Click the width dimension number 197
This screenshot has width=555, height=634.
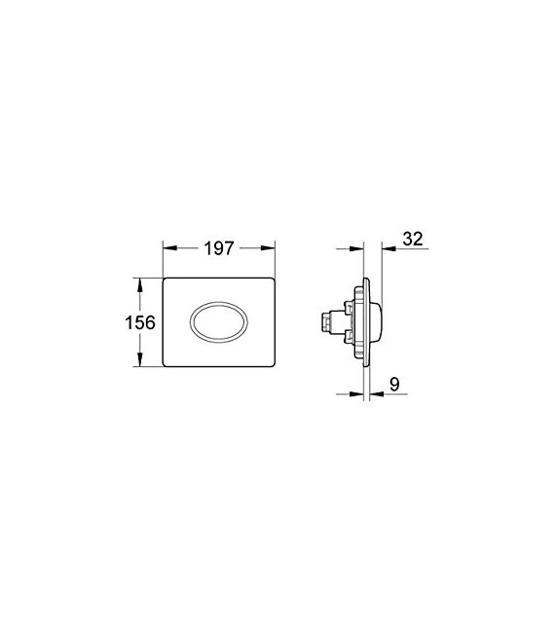220,249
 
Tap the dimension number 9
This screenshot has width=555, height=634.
393,385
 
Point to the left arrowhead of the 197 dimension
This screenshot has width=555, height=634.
166,249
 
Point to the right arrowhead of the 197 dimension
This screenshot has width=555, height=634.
275,249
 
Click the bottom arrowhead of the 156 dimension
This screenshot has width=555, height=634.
142,363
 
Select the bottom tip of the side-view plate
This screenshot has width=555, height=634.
366,369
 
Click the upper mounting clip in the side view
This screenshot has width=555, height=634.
347,305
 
